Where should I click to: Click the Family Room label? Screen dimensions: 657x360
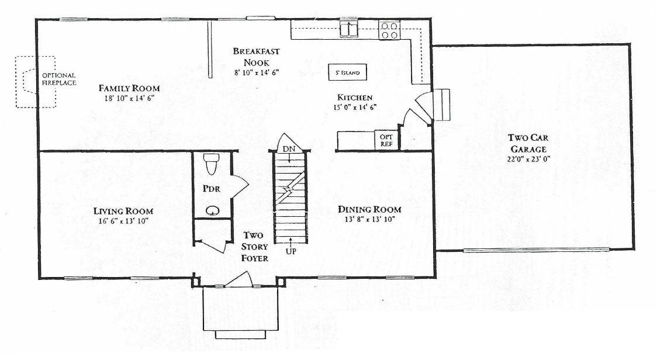point(129,88)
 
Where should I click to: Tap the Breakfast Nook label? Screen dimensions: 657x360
point(257,57)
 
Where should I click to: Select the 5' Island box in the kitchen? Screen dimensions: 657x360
point(347,72)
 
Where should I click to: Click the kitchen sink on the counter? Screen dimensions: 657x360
point(348,30)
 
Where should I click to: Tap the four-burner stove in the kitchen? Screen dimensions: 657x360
point(389,30)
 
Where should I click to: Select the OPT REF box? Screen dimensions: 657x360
point(386,140)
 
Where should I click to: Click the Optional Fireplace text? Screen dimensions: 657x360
point(59,79)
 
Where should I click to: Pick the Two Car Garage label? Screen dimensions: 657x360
point(528,143)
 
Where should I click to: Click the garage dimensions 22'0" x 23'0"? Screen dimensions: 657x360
point(527,159)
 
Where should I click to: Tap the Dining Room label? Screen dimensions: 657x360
point(369,210)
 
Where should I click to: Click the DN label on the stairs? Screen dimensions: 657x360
point(289,149)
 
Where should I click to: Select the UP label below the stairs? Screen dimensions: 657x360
point(291,251)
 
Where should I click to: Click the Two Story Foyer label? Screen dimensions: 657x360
point(254,247)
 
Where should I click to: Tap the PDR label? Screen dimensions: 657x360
point(212,189)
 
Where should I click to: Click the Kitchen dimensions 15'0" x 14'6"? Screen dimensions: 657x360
point(354,107)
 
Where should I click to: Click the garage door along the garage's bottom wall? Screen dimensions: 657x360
point(537,250)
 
